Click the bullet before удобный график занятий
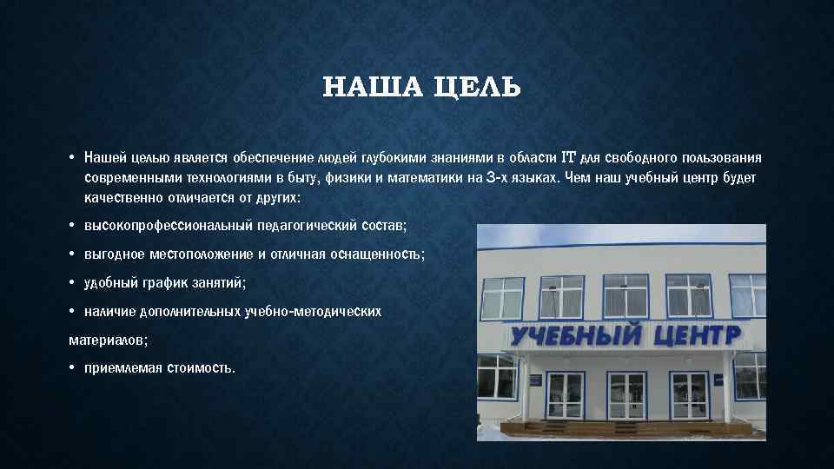coord(72,282)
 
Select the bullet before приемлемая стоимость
coord(72,367)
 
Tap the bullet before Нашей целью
coord(72,157)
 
